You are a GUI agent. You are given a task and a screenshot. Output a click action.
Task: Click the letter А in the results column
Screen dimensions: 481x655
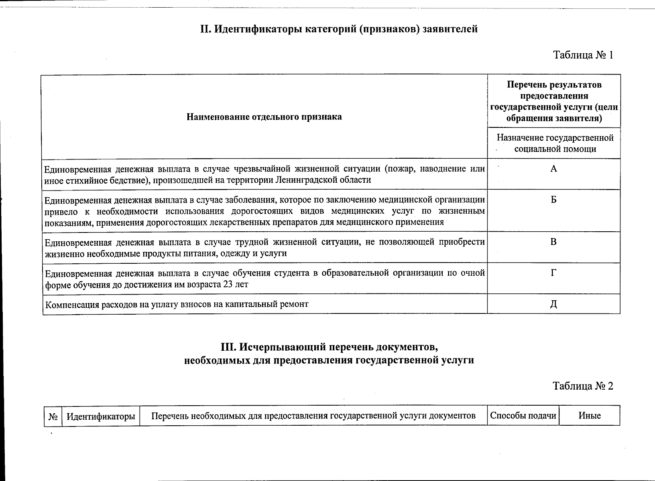pyautogui.click(x=553, y=169)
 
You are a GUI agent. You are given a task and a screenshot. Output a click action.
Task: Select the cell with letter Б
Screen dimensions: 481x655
pyautogui.click(x=553, y=200)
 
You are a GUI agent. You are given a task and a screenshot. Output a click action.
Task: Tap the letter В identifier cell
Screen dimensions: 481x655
pyautogui.click(x=553, y=242)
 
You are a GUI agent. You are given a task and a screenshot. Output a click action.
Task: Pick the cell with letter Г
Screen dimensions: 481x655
pyautogui.click(x=553, y=273)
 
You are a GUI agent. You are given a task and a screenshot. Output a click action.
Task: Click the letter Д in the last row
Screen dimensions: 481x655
pyautogui.click(x=553, y=304)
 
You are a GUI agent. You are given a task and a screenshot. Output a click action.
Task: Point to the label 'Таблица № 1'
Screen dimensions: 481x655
pyautogui.click(x=583, y=55)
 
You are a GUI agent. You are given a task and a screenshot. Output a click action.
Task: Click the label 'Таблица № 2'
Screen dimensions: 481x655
pyautogui.click(x=583, y=386)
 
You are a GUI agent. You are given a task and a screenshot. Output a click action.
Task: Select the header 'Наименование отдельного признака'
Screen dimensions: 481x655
pyautogui.click(x=264, y=117)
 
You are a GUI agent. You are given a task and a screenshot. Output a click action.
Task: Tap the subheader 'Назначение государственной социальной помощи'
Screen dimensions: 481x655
pyautogui.click(x=555, y=143)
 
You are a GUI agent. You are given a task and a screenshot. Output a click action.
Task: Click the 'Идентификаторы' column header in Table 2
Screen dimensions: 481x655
pyautogui.click(x=100, y=416)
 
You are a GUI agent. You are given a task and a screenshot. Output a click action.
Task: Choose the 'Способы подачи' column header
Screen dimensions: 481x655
pyautogui.click(x=523, y=416)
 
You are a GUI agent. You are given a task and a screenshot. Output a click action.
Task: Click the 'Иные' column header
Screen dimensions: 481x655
pyautogui.click(x=590, y=416)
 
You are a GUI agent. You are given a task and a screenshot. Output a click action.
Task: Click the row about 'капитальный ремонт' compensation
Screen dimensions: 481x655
pyautogui.click(x=177, y=304)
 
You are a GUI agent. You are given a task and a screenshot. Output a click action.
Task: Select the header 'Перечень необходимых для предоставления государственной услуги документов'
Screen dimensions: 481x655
pyautogui.click(x=313, y=416)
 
